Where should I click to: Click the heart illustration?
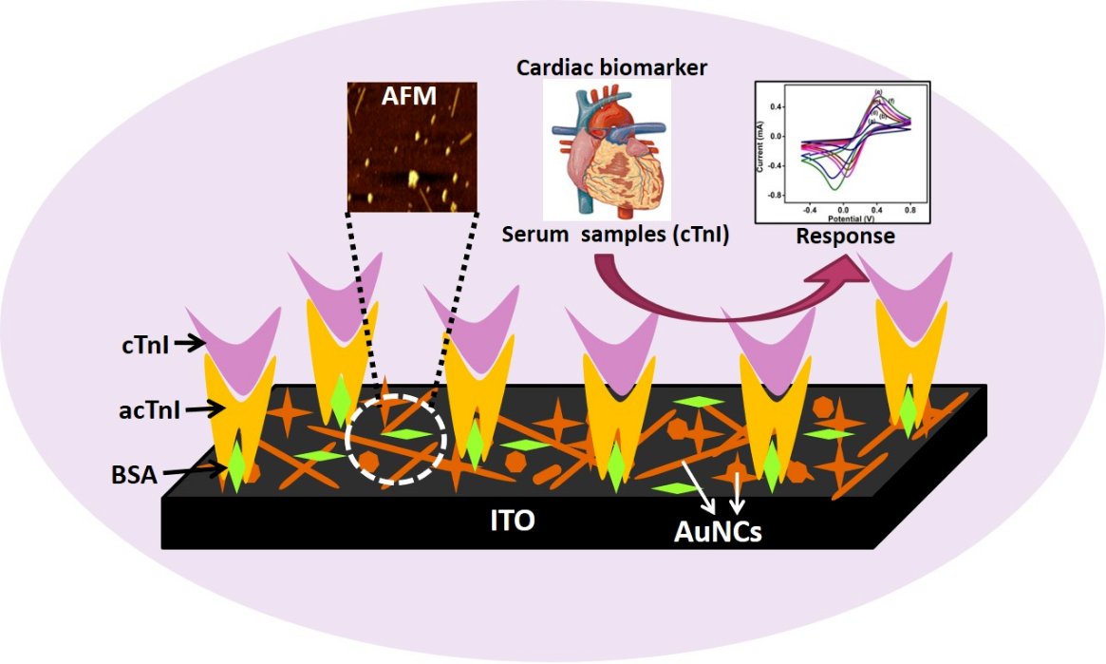pyautogui.click(x=606, y=148)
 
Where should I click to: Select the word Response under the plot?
pyautogui.click(x=844, y=236)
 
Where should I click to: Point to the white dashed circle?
pyautogui.click(x=395, y=436)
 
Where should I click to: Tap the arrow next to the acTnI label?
pyautogui.click(x=203, y=409)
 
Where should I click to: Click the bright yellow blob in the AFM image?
pyautogui.click(x=413, y=177)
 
